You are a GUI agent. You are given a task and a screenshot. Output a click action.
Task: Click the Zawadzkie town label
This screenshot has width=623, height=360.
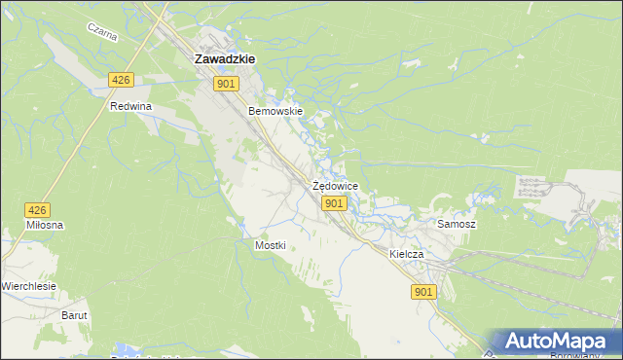[225, 58]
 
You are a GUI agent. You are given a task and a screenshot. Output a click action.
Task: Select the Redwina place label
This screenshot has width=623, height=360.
[132, 106]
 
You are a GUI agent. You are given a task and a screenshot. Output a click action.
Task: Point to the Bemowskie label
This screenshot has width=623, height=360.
[276, 111]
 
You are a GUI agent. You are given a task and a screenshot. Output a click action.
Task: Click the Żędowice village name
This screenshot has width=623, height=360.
[335, 185]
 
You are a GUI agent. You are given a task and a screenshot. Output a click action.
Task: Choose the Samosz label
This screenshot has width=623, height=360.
[456, 224]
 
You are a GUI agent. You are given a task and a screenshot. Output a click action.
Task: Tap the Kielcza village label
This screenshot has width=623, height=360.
[407, 254]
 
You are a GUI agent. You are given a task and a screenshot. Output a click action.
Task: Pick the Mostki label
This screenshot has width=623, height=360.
[270, 245]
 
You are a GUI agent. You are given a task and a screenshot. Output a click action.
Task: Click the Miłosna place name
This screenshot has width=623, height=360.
[45, 225]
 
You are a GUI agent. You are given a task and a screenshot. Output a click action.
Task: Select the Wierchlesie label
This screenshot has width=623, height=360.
[29, 286]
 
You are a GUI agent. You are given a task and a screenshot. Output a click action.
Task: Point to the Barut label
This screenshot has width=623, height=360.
[75, 315]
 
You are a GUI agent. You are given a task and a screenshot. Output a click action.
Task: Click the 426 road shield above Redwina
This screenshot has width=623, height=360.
[121, 81]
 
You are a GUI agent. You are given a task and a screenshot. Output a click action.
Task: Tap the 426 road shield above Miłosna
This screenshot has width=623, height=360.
[37, 209]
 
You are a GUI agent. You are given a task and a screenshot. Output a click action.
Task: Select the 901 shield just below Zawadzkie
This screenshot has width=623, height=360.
[226, 85]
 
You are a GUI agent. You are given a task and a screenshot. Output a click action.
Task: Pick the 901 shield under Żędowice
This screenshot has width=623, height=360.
[334, 202]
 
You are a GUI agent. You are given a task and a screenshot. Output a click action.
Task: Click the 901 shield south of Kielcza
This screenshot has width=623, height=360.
[422, 292]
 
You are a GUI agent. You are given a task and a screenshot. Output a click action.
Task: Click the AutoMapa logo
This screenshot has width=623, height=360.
[555, 342]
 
